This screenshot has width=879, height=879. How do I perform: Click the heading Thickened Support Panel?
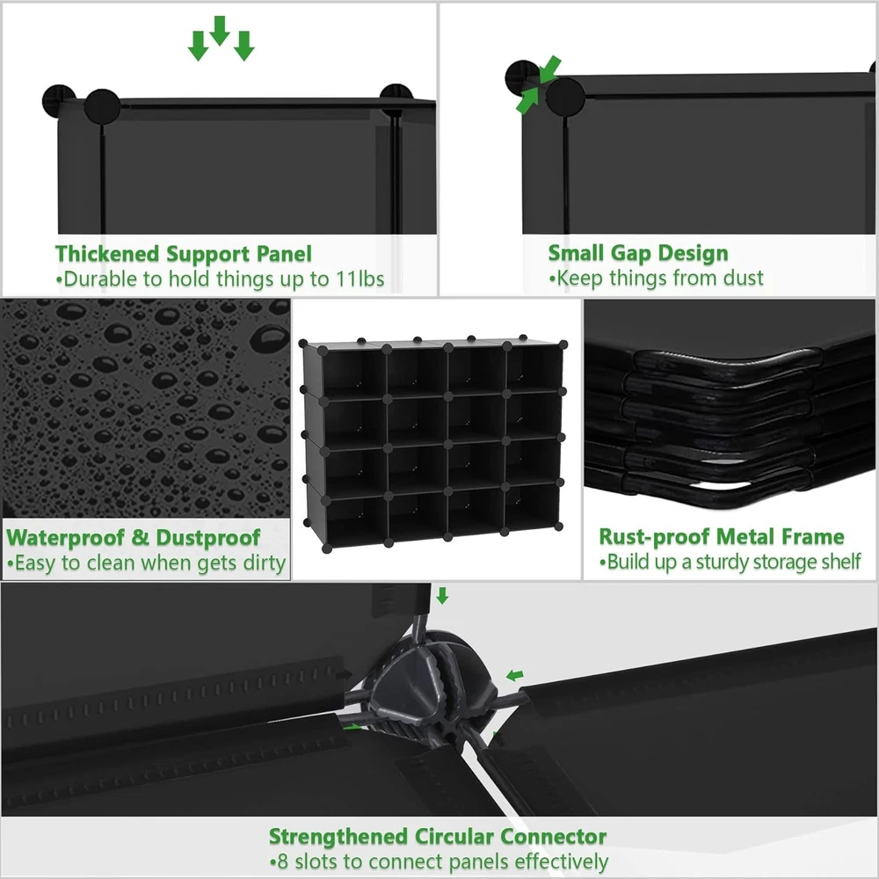(x=184, y=254)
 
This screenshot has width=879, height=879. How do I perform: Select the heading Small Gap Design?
(x=638, y=253)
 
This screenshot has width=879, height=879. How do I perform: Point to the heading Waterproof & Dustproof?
(x=134, y=538)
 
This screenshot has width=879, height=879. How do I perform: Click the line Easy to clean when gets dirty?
(x=146, y=563)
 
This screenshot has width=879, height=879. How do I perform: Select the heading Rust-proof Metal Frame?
(x=722, y=536)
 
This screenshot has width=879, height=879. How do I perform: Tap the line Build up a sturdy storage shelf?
(x=730, y=562)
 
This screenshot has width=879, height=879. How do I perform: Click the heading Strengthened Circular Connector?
(x=437, y=837)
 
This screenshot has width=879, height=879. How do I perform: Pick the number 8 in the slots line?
(x=282, y=861)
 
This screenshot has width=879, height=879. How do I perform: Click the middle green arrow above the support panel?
(x=220, y=31)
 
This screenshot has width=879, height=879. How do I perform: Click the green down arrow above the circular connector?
(x=442, y=596)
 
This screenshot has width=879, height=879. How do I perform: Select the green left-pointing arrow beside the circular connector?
(x=514, y=676)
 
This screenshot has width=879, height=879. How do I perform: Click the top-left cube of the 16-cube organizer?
(x=353, y=373)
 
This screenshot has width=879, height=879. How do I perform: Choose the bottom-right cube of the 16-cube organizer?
(x=532, y=506)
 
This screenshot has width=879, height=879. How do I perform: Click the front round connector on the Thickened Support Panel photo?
(x=103, y=106)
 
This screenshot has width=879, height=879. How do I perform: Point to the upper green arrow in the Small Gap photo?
(x=550, y=69)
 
